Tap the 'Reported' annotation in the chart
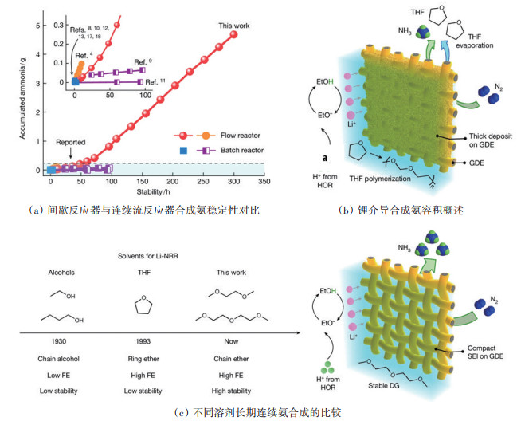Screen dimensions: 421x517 (70, 142)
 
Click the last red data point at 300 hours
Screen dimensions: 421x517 (233, 34)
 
